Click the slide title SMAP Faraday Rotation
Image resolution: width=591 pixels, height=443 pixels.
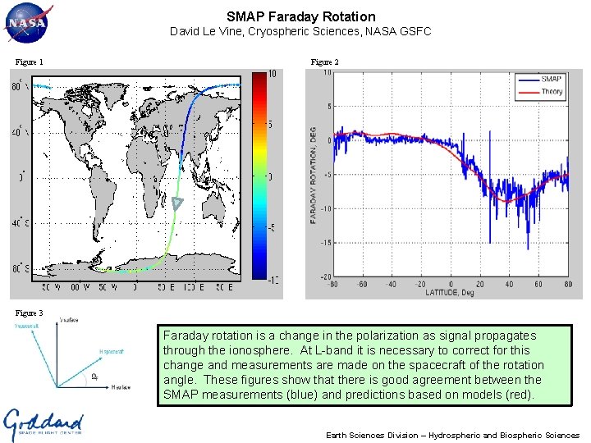pos(300,16)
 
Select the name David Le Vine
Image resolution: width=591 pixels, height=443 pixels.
pos(208,32)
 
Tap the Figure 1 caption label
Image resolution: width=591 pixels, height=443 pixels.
pos(29,62)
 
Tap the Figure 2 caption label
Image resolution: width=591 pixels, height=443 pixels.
pos(324,62)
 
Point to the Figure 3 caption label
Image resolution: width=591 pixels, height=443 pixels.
pos(29,313)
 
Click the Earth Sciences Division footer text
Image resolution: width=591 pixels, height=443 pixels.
pos(452,435)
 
